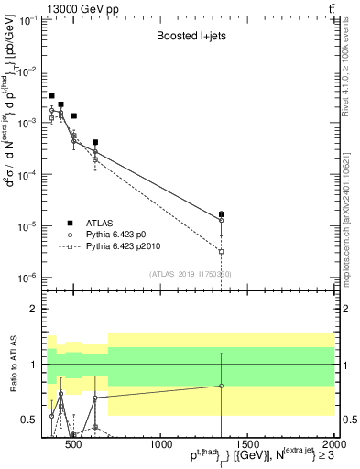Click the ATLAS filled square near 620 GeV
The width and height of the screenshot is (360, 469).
pos(95,142)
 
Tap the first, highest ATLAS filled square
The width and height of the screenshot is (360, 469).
pos(52,95)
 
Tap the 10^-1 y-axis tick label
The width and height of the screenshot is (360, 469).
pos(31,19)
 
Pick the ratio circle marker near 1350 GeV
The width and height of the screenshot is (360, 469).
pos(222,386)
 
